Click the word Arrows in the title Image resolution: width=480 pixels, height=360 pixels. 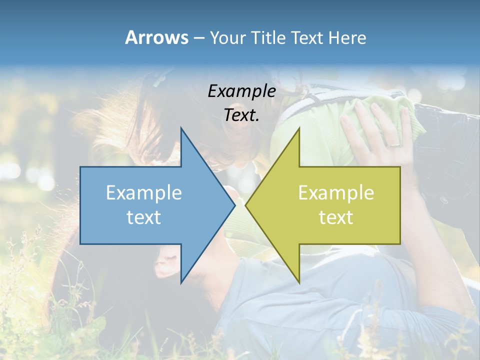(156, 37)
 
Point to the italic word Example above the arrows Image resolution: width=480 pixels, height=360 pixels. (241, 91)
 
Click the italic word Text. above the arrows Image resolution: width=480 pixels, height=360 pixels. (241, 115)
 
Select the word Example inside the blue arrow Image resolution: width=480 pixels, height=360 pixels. (143, 192)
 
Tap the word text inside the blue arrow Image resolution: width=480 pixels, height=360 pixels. (143, 217)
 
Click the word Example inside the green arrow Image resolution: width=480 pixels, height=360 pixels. (336, 192)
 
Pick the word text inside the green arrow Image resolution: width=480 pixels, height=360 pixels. (336, 217)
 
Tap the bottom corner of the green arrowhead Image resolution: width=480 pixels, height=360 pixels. (299, 282)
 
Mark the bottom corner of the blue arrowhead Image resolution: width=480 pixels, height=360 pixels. (181, 282)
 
